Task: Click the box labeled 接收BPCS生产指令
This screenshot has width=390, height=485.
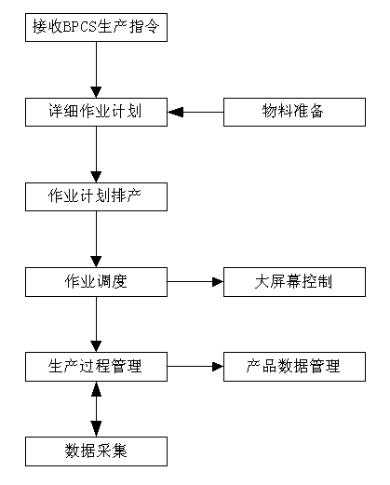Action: click(x=96, y=27)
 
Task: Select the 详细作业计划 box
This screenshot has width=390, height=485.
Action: click(x=96, y=112)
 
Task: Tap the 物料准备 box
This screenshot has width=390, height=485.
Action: click(x=294, y=112)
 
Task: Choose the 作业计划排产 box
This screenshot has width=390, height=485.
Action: click(x=96, y=196)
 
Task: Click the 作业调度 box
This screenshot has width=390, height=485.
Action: click(x=96, y=282)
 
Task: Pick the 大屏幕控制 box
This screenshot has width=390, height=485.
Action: click(x=294, y=282)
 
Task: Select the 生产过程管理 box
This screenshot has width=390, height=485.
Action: click(x=96, y=367)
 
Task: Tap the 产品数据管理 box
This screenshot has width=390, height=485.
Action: click(x=294, y=367)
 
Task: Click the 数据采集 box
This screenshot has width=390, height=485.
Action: click(x=96, y=451)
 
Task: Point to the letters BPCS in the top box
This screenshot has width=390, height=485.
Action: click(x=80, y=27)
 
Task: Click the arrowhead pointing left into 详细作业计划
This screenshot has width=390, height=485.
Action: click(x=175, y=112)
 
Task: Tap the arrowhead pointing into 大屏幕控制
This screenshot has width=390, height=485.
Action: click(x=218, y=282)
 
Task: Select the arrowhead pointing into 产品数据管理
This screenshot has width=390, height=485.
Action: click(x=218, y=367)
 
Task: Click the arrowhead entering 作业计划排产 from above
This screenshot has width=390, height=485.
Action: click(x=96, y=177)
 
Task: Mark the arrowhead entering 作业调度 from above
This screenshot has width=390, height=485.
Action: click(x=96, y=262)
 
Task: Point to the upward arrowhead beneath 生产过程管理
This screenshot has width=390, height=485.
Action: click(x=96, y=389)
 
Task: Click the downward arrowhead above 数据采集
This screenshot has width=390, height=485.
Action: click(x=96, y=429)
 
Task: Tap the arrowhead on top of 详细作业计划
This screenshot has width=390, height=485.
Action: click(x=96, y=92)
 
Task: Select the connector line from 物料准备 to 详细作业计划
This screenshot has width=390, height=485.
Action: click(x=195, y=112)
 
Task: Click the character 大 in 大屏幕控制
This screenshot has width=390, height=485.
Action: click(x=262, y=281)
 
